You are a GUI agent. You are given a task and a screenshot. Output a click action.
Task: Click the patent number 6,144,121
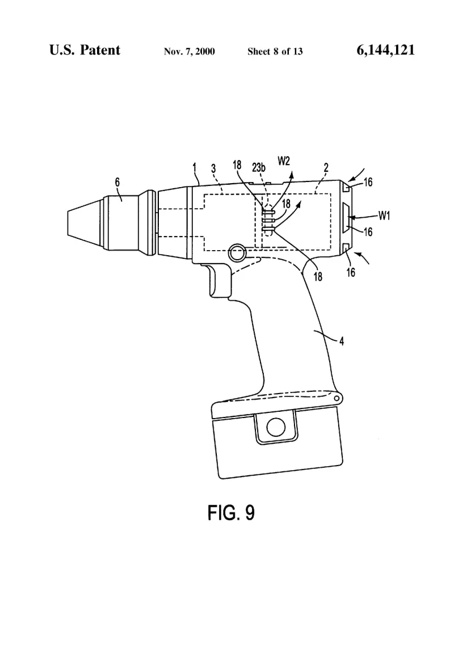[x=385, y=50]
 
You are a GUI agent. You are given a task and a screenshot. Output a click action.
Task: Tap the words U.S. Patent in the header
[x=85, y=50]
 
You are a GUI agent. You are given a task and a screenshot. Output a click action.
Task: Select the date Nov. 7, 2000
[x=190, y=52]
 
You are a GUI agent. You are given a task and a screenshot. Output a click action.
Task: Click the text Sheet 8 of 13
[x=275, y=52]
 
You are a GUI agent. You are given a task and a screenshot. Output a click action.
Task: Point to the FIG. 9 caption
[x=231, y=513]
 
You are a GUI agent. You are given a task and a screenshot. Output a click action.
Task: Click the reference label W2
[x=284, y=161]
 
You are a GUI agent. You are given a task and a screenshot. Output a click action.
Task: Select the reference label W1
[x=384, y=216]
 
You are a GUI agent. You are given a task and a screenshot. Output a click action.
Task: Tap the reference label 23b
[x=259, y=168]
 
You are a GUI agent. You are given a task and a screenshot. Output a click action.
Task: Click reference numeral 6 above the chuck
[x=117, y=183]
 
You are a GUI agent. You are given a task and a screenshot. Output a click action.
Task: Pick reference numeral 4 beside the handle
[x=342, y=341]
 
